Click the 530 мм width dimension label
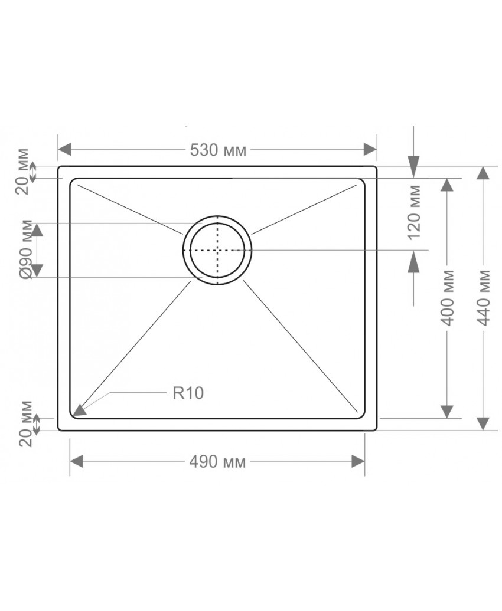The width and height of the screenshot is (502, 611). click(218, 150)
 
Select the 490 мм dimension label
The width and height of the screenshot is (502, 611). click(217, 462)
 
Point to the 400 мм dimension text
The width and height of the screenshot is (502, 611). click(447, 298)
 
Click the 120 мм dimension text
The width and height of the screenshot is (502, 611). click(413, 212)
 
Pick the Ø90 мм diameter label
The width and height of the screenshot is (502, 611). click(27, 250)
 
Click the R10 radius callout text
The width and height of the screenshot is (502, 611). click(188, 393)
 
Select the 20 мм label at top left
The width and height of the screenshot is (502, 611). click(24, 171)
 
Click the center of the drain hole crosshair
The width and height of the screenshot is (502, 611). click(217, 250)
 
